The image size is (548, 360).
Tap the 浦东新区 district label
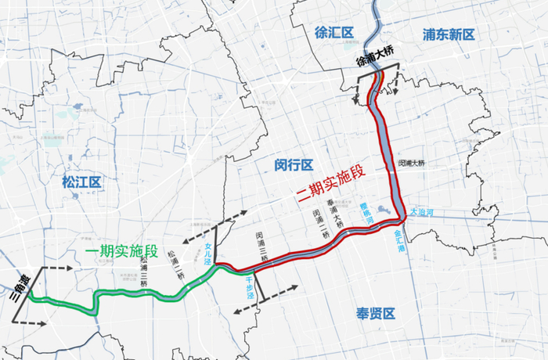(449, 34)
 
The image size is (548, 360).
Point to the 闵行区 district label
(294, 165)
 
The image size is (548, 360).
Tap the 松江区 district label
(82, 183)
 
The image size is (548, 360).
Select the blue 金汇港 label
(400, 238)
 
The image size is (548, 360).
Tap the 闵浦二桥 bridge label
(320, 225)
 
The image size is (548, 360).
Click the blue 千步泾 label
(251, 284)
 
